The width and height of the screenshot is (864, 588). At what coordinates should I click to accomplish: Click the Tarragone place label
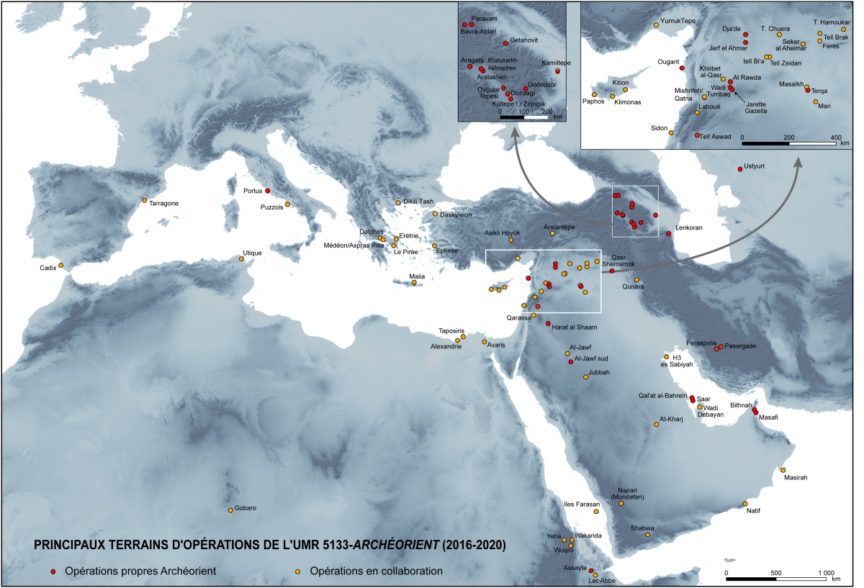pyautogui.click(x=163, y=203)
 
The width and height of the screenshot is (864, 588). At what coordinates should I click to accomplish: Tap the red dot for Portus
pyautogui.click(x=268, y=191)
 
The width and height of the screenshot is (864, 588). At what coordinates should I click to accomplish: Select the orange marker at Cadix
pyautogui.click(x=61, y=266)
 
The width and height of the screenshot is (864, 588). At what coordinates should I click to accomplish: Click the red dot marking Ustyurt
pyautogui.click(x=739, y=169)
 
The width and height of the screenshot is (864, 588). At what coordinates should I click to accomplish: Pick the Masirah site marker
pyautogui.click(x=783, y=471)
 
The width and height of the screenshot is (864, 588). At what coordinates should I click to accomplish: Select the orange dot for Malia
pyautogui.click(x=415, y=283)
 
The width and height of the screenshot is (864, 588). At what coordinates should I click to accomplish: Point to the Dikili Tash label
pyautogui.click(x=418, y=202)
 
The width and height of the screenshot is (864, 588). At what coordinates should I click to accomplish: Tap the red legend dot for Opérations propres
pyautogui.click(x=53, y=571)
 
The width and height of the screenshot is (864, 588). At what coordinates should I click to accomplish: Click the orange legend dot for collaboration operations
pyautogui.click(x=297, y=571)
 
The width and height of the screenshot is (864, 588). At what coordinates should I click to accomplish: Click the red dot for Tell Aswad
pyautogui.click(x=697, y=135)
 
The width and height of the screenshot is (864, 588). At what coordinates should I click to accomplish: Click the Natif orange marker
pyautogui.click(x=746, y=504)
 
